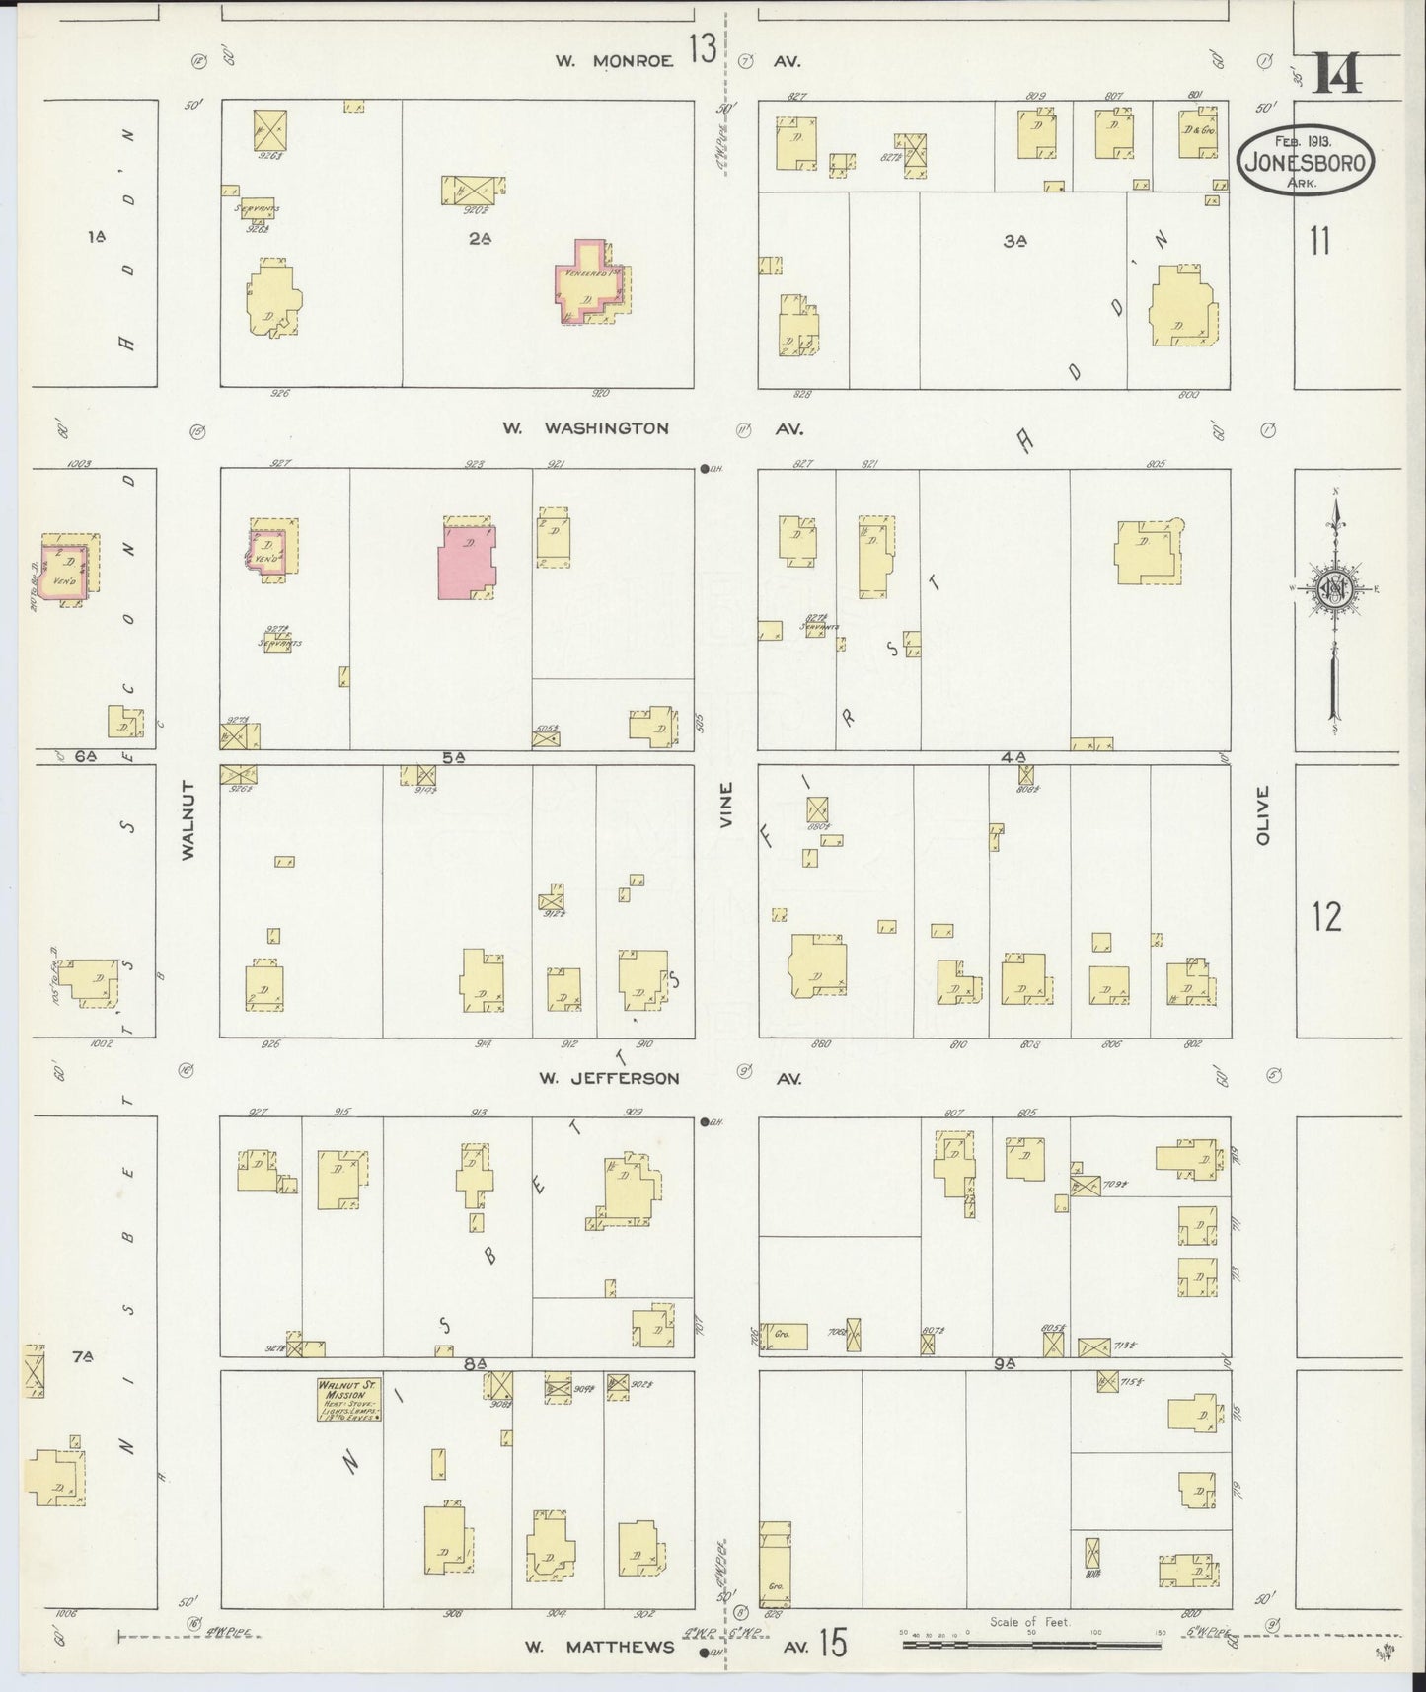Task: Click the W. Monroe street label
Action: coord(613,60)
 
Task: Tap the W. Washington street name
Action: coord(585,428)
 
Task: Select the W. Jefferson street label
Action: coord(609,1078)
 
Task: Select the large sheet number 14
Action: coord(1337,72)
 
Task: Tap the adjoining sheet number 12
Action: coord(1326,917)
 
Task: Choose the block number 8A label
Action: coord(476,1363)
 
